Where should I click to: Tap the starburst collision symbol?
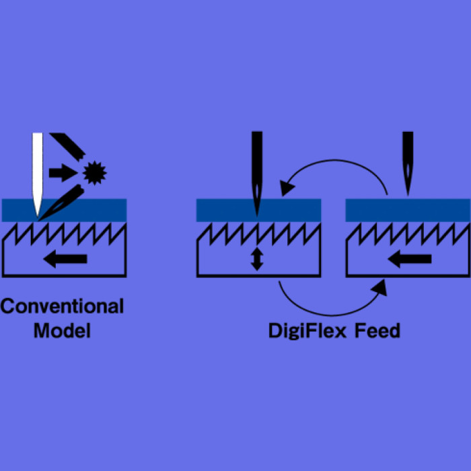tap(95, 173)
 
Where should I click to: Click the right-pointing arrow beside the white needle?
tap(63, 173)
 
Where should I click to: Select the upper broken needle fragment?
tap(68, 146)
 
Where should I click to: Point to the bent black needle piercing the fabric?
tap(62, 203)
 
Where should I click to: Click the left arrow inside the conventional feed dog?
tap(65, 258)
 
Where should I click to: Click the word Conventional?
tap(62, 306)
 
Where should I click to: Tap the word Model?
tap(62, 330)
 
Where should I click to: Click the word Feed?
tap(377, 330)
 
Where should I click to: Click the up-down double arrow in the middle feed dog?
tap(257, 259)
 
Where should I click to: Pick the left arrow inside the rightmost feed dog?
tap(410, 258)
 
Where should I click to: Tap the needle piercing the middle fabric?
tap(257, 174)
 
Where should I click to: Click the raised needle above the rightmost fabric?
tap(408, 164)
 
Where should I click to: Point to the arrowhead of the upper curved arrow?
tap(287, 188)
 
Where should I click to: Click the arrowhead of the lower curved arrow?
tap(379, 288)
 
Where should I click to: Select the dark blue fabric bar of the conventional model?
tap(65, 210)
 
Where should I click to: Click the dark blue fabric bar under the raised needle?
tap(408, 210)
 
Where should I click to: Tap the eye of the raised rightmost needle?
tap(408, 171)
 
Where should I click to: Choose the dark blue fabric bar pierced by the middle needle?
tap(258, 210)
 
